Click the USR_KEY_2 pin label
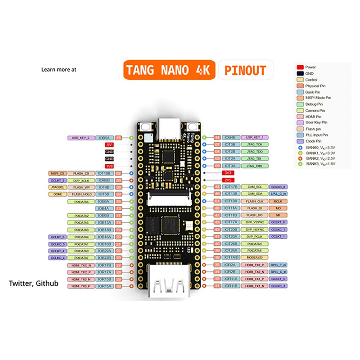tap(81, 138)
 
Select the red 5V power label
tap(109, 145)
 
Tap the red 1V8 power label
tap(109, 166)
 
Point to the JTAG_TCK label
tap(255, 145)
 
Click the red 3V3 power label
tap(228, 173)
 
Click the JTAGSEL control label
tap(58, 187)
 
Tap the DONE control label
tap(58, 194)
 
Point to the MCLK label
tap(278, 201)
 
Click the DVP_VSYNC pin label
tap(254, 222)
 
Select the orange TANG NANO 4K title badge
tap(169, 70)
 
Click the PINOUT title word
tap(245, 70)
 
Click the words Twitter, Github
tap(34, 284)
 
